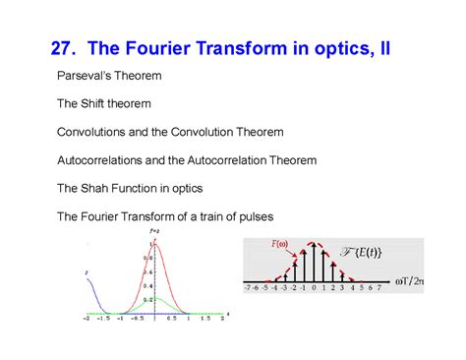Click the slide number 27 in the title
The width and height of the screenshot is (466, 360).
(x=63, y=47)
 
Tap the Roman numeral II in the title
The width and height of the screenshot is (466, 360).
(x=381, y=47)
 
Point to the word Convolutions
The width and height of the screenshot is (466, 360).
(x=93, y=131)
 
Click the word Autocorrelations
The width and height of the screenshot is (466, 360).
(x=102, y=159)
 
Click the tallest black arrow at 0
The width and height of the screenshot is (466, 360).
(x=314, y=261)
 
